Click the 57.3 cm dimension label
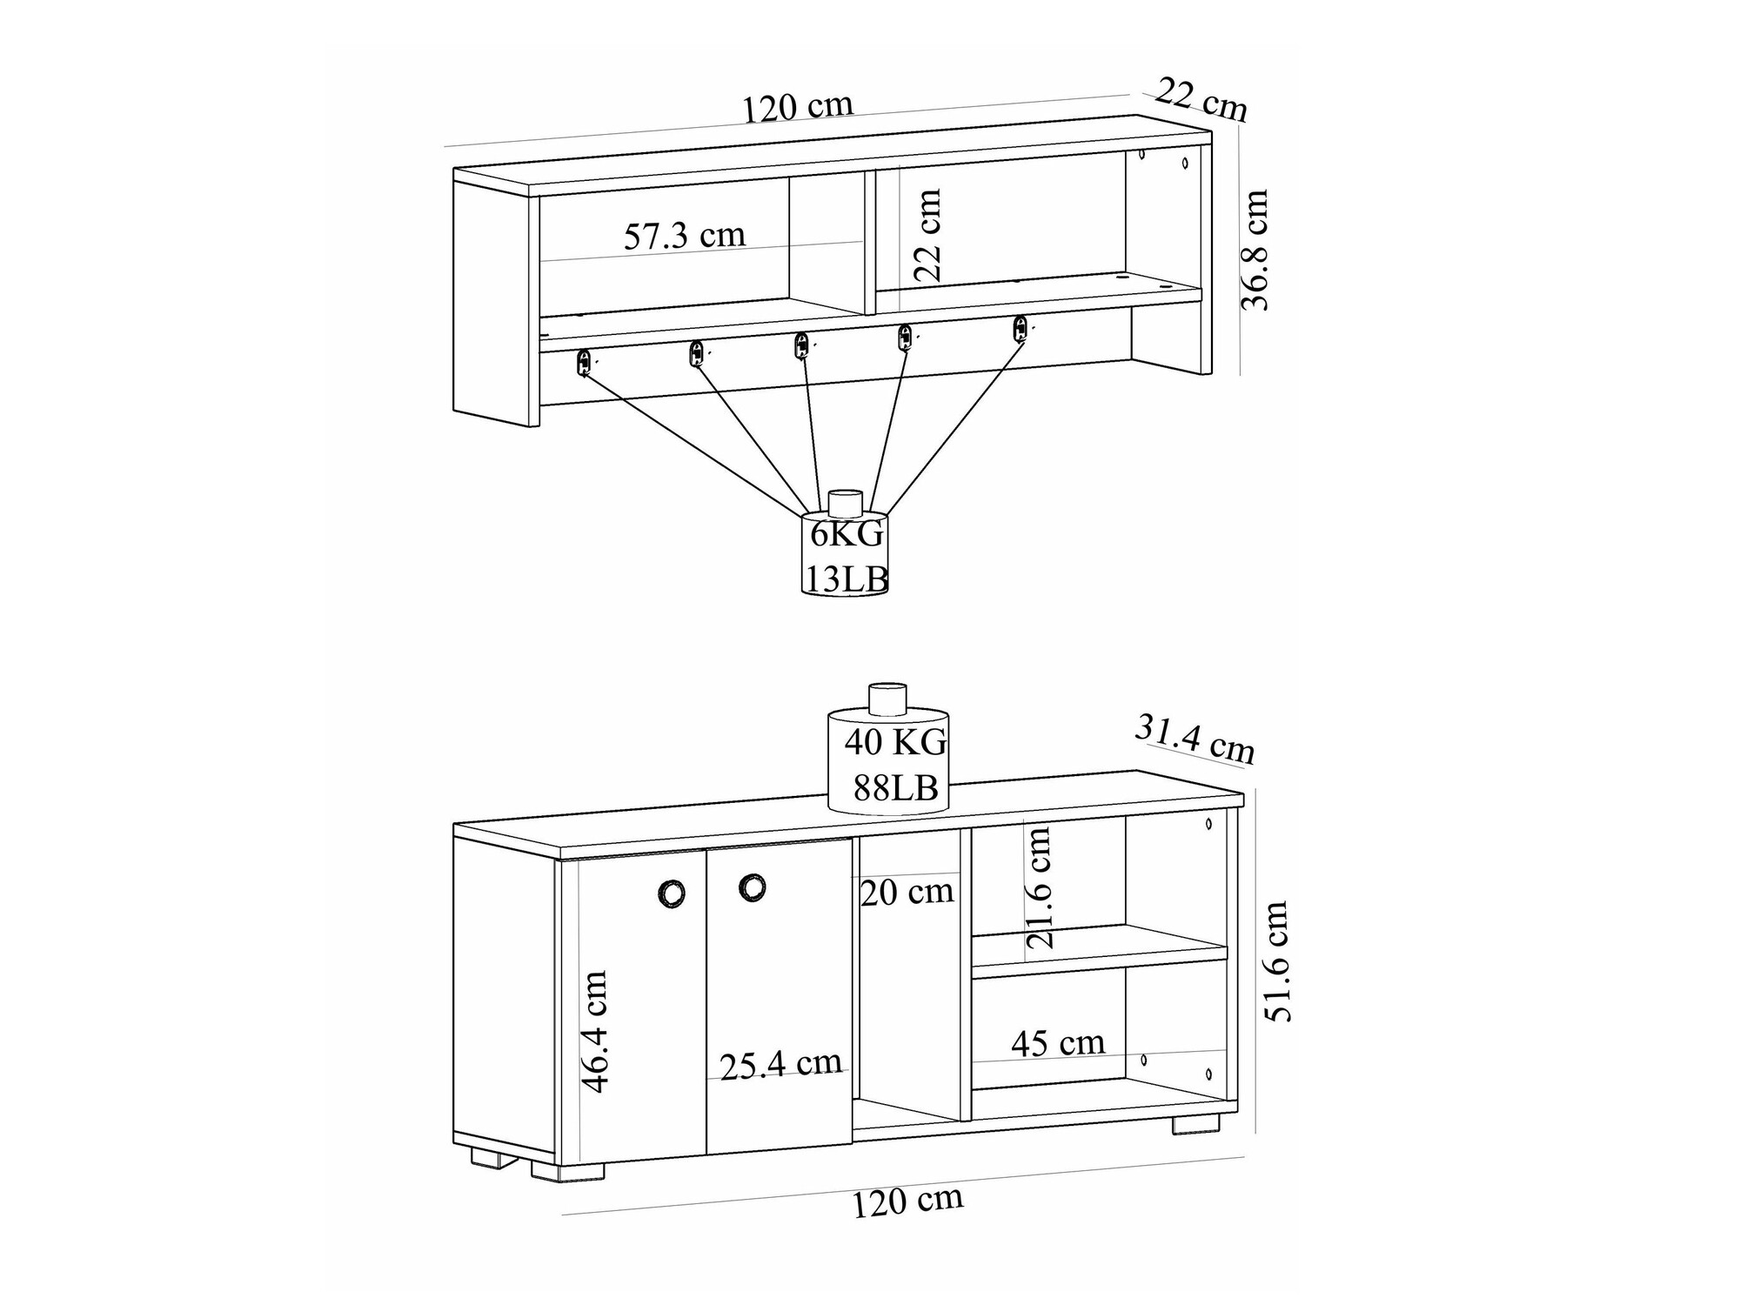coord(685,236)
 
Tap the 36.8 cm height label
coord(1255,250)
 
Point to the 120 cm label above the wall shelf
coord(797,107)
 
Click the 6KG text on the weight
coord(847,533)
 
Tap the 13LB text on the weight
coord(846,579)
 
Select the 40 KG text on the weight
coord(895,742)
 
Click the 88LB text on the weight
coord(895,788)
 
